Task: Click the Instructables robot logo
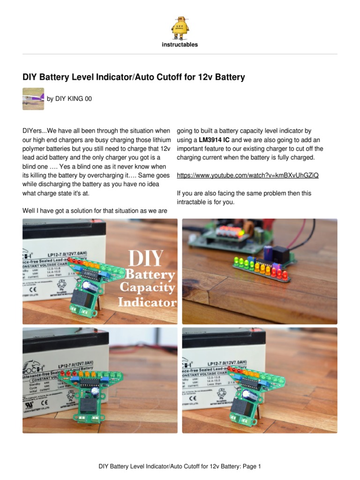pyautogui.click(x=180, y=27)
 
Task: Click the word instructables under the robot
pyautogui.click(x=180, y=45)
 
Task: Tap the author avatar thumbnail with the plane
pyautogui.click(x=33, y=98)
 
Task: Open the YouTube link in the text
pyautogui.click(x=247, y=175)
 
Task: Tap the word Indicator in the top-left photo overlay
pyautogui.click(x=147, y=302)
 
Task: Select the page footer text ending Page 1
pyautogui.click(x=179, y=466)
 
